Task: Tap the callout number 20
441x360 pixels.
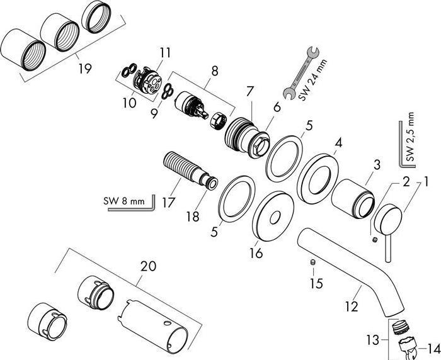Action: click(x=148, y=266)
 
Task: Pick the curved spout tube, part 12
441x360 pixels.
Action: click(x=353, y=264)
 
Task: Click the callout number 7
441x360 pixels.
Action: click(x=251, y=92)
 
